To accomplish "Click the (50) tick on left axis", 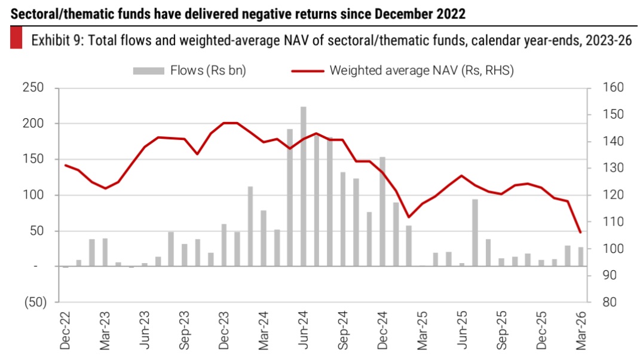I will [33, 303].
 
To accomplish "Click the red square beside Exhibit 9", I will [16, 40].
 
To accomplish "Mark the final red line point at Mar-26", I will [580, 232].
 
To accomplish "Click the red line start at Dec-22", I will [65, 165].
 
